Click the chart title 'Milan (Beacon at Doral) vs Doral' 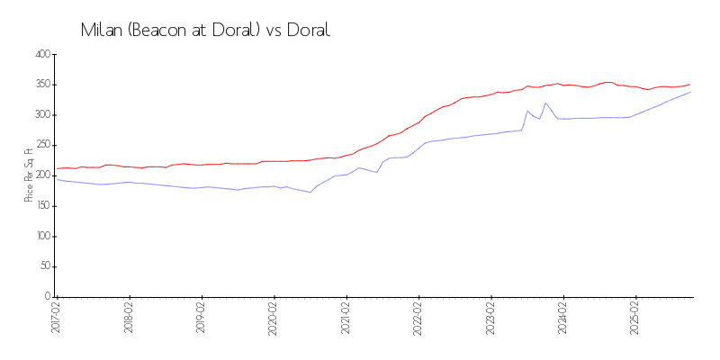pos(205,31)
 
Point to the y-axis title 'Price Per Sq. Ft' pos(29,175)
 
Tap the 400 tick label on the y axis pos(41,54)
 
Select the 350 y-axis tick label pos(41,85)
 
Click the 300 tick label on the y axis pos(41,115)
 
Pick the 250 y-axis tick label pos(41,145)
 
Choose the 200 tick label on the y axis pos(41,175)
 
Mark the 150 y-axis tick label pos(41,206)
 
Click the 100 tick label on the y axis pos(41,237)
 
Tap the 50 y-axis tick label pos(43,266)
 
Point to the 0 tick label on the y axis pos(46,297)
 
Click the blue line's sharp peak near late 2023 pos(545,103)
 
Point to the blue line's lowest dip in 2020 pos(310,192)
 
